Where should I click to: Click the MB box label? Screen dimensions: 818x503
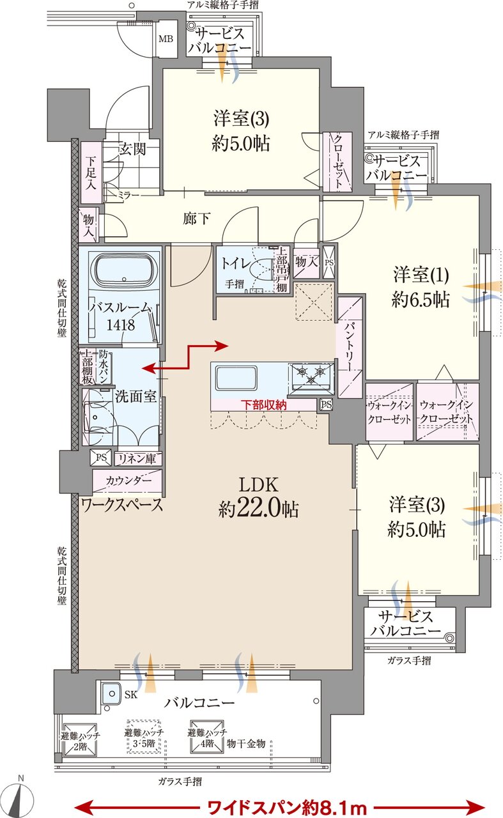(166, 38)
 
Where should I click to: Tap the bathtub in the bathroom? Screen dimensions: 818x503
(125, 272)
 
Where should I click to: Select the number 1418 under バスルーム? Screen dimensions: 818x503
(120, 325)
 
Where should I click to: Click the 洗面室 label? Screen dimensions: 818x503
(135, 396)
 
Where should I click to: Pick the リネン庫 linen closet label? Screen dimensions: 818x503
(138, 459)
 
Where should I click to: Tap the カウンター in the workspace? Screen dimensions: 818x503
(128, 480)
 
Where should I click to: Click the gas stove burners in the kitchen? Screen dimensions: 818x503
(312, 374)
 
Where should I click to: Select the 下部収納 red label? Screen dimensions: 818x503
(263, 405)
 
